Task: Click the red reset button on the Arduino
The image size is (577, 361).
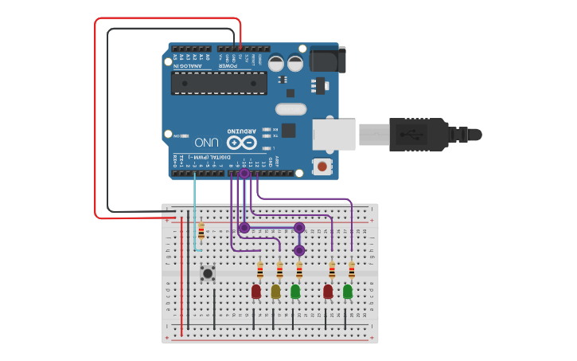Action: tap(322, 166)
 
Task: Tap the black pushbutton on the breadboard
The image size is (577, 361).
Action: tap(208, 273)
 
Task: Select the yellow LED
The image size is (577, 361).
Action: tap(275, 292)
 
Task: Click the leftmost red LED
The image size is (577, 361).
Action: tap(255, 292)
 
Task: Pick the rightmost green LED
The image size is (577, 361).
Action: tap(348, 292)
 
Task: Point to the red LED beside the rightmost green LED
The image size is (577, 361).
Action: tap(328, 292)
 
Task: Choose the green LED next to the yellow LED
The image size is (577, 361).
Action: tap(295, 292)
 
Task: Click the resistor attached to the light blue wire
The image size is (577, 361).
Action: tap(201, 231)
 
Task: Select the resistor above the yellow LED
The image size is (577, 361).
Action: tap(279, 269)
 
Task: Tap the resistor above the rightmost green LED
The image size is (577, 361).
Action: tap(351, 270)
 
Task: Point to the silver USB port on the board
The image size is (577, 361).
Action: tap(333, 133)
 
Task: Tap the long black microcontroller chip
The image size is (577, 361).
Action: tap(219, 83)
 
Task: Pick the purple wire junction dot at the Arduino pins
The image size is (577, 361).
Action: tap(244, 173)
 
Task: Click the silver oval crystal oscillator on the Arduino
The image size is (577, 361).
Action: tap(290, 109)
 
